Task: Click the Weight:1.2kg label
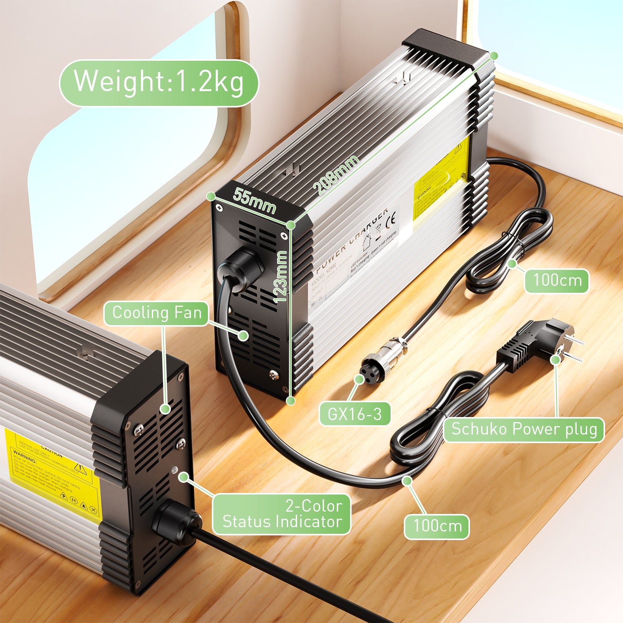click(158, 83)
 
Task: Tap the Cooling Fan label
click(156, 313)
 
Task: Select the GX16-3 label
click(354, 414)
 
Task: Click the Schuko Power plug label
click(524, 429)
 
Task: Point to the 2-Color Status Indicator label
click(282, 514)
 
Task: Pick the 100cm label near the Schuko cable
click(436, 526)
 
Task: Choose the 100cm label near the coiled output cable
click(557, 281)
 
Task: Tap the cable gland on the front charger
click(175, 522)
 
